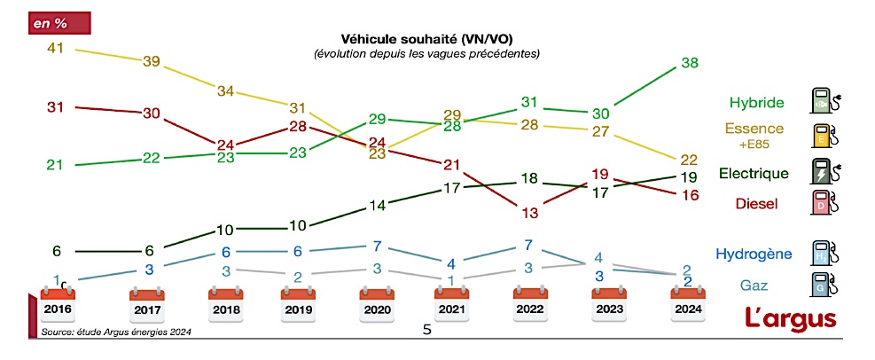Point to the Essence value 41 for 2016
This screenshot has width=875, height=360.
pyautogui.click(x=56, y=49)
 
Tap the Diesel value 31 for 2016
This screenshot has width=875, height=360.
pyautogui.click(x=56, y=106)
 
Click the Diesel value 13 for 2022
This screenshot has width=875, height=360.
pyautogui.click(x=530, y=213)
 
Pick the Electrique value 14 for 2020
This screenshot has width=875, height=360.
pyautogui.click(x=378, y=205)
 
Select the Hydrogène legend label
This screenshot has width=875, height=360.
pyautogui.click(x=754, y=254)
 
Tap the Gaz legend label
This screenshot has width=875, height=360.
pyautogui.click(x=754, y=285)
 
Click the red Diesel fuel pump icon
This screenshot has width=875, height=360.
pyautogui.click(x=823, y=204)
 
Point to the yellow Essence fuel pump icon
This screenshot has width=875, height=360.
pyautogui.click(x=823, y=134)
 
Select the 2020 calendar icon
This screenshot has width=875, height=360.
pyautogui.click(x=377, y=304)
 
